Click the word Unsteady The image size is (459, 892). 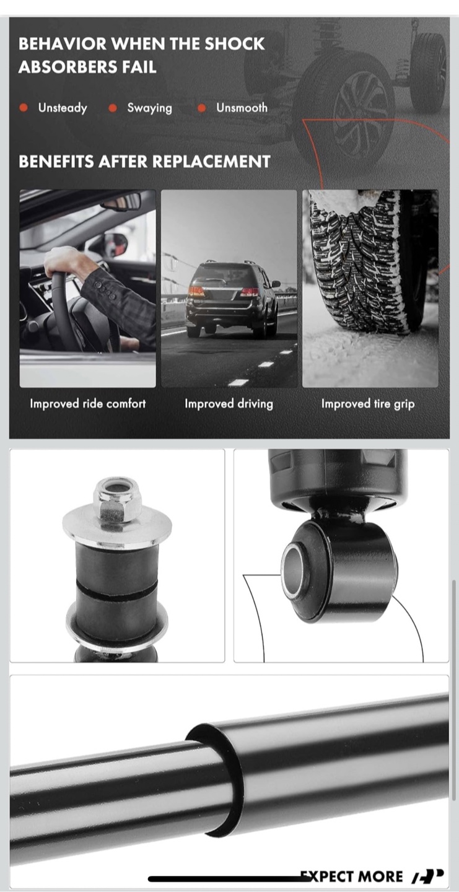[63, 108]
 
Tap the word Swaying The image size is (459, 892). [150, 108]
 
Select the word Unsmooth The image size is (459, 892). [242, 108]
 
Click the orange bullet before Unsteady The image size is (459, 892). [24, 108]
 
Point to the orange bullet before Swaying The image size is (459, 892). [113, 108]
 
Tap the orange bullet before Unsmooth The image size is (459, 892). [202, 108]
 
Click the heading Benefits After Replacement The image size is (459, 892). [144, 162]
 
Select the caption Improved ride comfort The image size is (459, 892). [88, 404]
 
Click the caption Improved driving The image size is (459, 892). [229, 404]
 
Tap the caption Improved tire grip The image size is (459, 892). [368, 404]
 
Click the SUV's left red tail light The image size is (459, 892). [196, 292]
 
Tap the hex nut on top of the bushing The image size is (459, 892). [118, 500]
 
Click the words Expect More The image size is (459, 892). [351, 877]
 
